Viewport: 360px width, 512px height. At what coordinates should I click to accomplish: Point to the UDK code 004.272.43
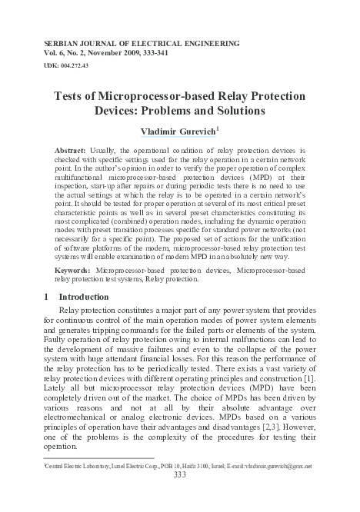[79, 67]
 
